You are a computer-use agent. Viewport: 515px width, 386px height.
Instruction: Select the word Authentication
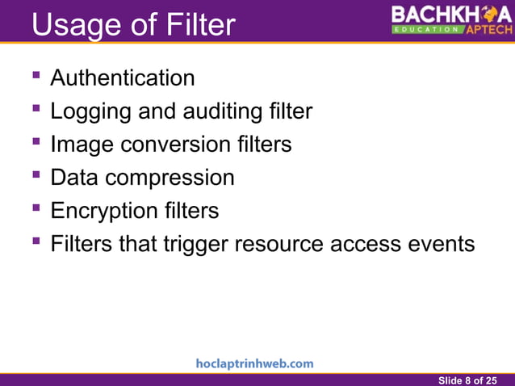pos(122,78)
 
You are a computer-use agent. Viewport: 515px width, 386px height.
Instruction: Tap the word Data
pos(74,177)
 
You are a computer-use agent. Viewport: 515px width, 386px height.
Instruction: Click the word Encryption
pos(101,211)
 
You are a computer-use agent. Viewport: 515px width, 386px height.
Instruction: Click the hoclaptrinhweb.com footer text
pos(255,363)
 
